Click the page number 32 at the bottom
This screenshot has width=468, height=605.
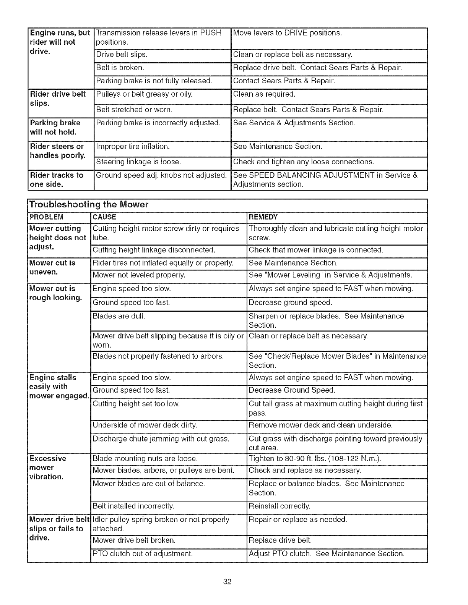(228, 582)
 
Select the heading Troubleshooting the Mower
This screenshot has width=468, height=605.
(89, 205)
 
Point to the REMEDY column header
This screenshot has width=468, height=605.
(263, 217)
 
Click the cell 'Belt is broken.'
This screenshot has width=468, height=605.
(120, 68)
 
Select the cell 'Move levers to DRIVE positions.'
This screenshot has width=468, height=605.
(287, 33)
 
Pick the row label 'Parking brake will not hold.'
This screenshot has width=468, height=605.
(55, 128)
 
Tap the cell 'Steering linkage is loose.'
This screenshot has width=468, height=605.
(138, 162)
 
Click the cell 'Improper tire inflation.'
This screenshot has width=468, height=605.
(133, 147)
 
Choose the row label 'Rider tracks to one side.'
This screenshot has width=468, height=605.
(56, 180)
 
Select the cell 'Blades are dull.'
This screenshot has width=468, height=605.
(119, 316)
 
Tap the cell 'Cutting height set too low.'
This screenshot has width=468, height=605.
(136, 404)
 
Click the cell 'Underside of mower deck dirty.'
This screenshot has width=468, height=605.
(145, 425)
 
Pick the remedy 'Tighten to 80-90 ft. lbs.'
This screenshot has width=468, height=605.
(315, 458)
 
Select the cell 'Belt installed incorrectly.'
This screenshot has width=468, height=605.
(133, 506)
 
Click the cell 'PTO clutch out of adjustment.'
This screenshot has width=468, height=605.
(143, 554)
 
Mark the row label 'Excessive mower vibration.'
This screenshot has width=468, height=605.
(48, 467)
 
